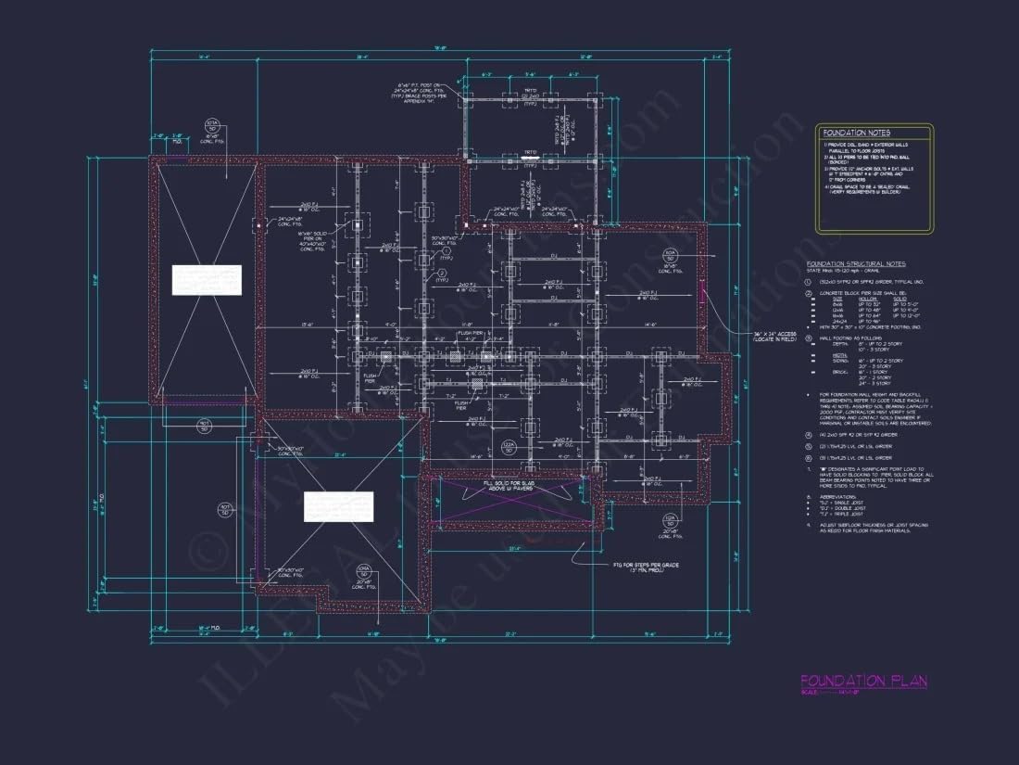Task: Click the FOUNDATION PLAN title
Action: click(x=863, y=682)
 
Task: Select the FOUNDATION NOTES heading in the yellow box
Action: click(x=856, y=134)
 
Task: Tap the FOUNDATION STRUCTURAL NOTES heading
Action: click(x=856, y=264)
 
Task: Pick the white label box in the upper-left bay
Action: click(x=207, y=280)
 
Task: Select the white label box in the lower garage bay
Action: click(x=339, y=506)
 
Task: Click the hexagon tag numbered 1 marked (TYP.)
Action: click(x=446, y=250)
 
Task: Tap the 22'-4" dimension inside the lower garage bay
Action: click(x=341, y=454)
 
